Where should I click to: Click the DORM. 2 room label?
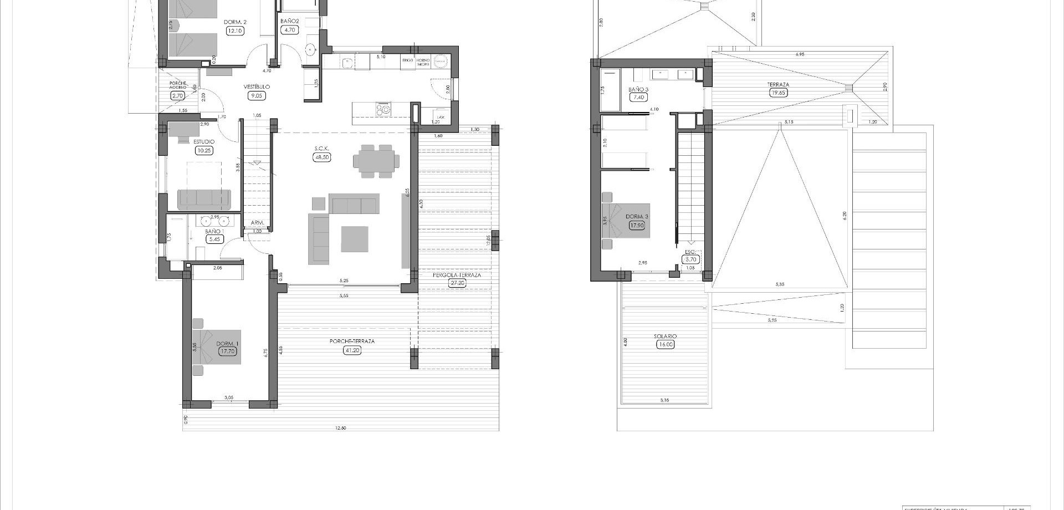(x=235, y=22)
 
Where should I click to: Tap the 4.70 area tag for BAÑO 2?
(x=289, y=30)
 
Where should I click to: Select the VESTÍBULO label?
(x=257, y=87)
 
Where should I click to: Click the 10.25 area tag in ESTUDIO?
(x=203, y=150)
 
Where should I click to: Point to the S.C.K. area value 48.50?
(x=321, y=157)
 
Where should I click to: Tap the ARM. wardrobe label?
(x=257, y=223)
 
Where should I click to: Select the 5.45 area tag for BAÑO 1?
(x=214, y=239)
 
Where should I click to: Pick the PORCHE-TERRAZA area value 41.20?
(x=352, y=350)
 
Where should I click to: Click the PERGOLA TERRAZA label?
(x=457, y=275)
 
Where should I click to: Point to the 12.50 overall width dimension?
(x=341, y=427)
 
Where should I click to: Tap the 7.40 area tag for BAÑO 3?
(x=638, y=97)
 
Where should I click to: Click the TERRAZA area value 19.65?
(x=779, y=93)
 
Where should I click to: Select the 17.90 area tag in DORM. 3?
(x=637, y=225)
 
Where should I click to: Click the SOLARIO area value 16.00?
(x=665, y=344)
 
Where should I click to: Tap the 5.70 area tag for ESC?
(x=690, y=259)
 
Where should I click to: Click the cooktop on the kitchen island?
(x=383, y=109)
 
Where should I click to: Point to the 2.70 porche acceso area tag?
(x=177, y=95)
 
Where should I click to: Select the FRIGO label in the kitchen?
(x=408, y=60)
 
